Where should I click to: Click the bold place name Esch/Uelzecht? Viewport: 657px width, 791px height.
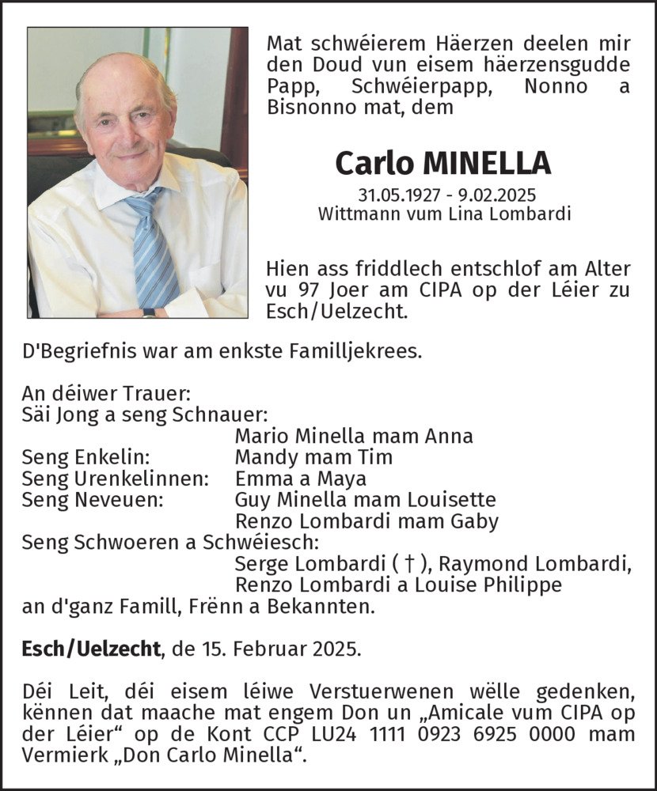click(x=90, y=650)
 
